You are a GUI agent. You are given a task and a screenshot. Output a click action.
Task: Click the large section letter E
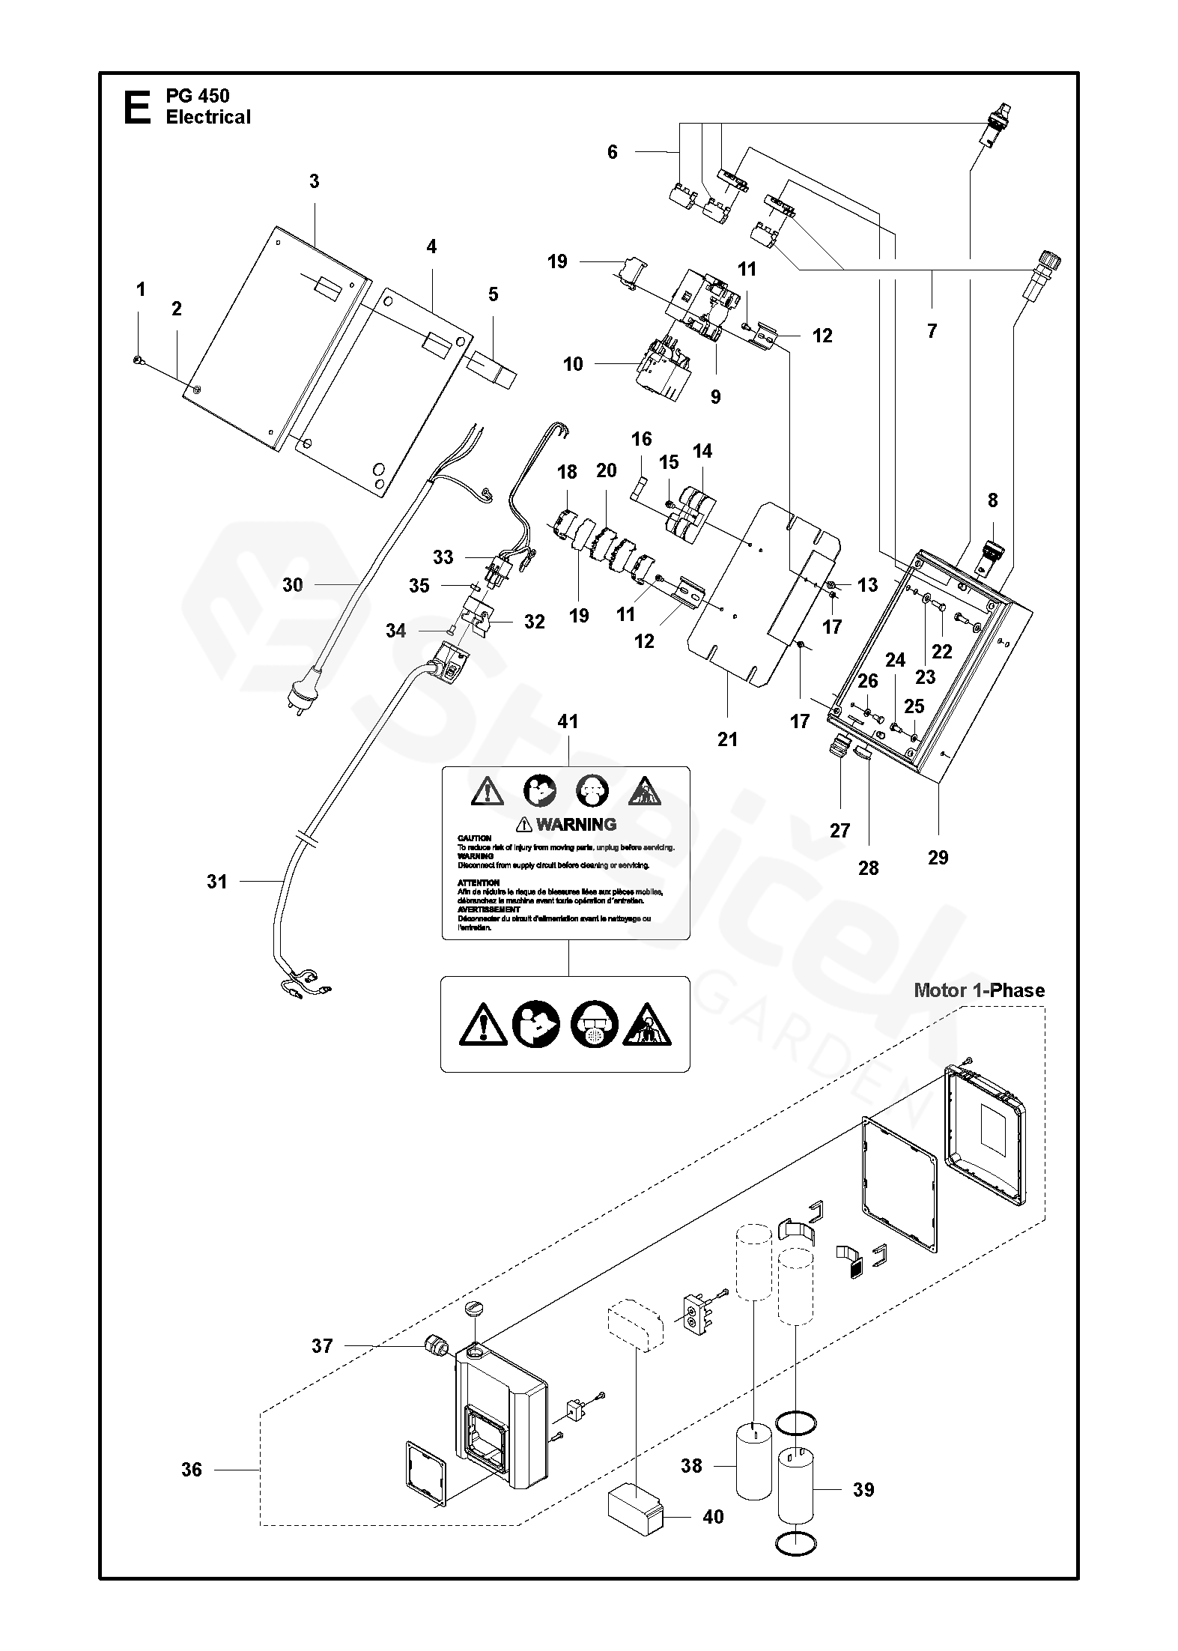[136, 106]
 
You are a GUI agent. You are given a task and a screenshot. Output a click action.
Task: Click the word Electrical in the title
[208, 118]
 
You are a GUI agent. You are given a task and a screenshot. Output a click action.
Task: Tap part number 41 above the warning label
[568, 721]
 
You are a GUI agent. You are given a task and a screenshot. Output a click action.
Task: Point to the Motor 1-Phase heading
[979, 990]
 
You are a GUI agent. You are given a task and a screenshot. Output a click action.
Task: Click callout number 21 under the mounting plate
[727, 739]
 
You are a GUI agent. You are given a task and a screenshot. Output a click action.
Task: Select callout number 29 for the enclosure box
[938, 858]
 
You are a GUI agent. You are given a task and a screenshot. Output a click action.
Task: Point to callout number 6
[613, 152]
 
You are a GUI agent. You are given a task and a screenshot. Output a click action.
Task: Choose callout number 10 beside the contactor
[573, 364]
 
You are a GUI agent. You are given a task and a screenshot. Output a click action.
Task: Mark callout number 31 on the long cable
[216, 882]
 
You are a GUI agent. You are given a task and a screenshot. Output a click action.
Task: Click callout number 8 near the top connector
[992, 500]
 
